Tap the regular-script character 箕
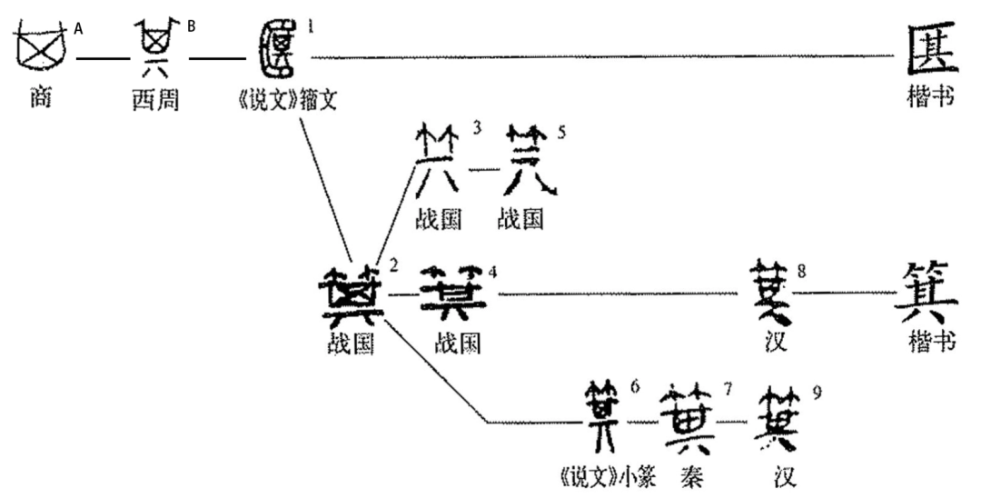pos(929,293)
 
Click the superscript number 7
pos(728,389)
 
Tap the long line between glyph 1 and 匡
pos(599,57)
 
